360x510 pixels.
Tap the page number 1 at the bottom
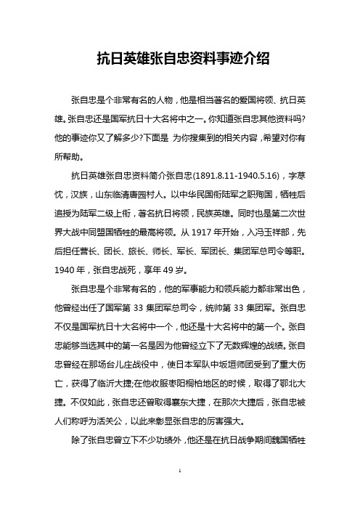179,492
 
